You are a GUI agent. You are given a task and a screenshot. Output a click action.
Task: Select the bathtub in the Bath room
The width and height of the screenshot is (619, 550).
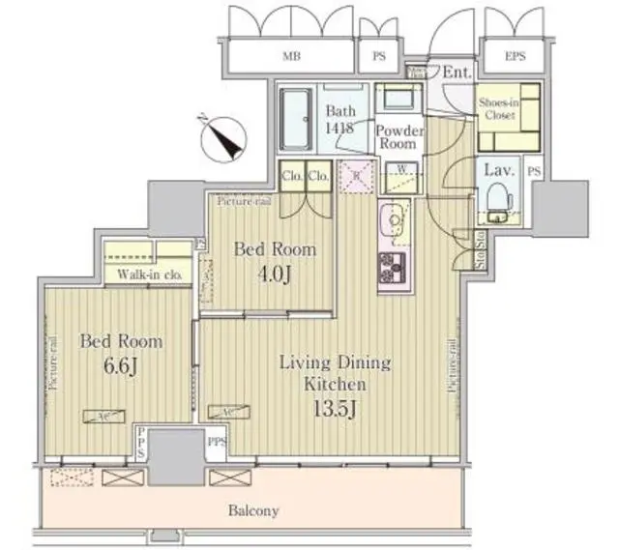[x=296, y=120]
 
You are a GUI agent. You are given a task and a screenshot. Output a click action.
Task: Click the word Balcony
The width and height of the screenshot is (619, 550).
[x=255, y=509]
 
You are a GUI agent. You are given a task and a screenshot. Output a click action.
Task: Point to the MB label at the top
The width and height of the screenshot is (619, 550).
[x=291, y=56]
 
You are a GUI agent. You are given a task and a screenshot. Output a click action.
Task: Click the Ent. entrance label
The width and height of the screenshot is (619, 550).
[x=457, y=72]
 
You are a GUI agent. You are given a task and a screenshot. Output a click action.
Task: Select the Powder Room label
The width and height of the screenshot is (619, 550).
[x=396, y=136]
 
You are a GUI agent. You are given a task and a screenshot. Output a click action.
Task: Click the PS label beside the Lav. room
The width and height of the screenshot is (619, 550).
[x=534, y=171]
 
